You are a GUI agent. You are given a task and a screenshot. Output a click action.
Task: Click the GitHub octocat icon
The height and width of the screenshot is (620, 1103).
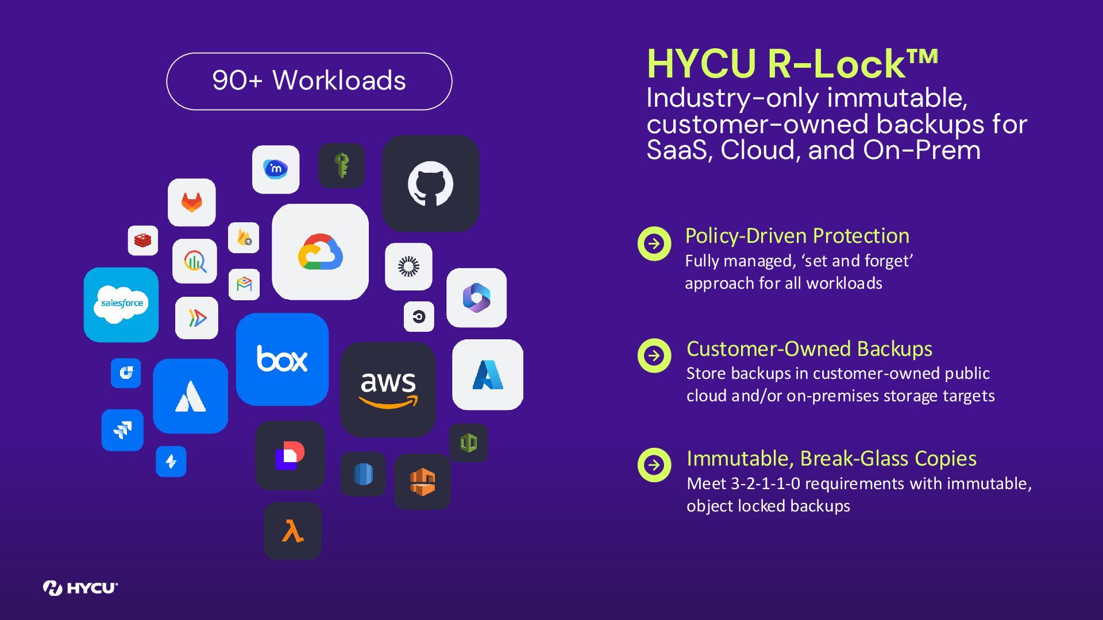[x=430, y=184]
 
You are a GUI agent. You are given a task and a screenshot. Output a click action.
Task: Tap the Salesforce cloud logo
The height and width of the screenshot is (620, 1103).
[x=121, y=304]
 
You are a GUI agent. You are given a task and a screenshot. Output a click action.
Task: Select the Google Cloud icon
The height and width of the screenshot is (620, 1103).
[x=320, y=252]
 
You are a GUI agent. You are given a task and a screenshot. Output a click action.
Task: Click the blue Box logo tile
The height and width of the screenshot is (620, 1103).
[x=282, y=359]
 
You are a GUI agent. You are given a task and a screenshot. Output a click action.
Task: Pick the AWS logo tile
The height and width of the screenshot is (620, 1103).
[x=388, y=389]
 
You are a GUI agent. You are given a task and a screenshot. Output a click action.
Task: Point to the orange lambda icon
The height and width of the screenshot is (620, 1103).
[x=292, y=531]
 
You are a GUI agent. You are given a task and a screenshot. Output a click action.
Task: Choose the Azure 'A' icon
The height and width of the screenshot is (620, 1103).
[x=487, y=375]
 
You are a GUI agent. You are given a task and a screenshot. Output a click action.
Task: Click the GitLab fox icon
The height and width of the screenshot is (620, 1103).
[x=192, y=202]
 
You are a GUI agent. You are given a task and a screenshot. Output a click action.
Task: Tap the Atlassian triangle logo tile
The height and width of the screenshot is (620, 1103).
[x=190, y=396]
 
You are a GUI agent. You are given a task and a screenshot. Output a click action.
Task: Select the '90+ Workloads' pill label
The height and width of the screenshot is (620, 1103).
[x=309, y=81]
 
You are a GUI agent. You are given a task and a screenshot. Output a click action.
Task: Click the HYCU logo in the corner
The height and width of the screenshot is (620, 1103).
[x=80, y=588]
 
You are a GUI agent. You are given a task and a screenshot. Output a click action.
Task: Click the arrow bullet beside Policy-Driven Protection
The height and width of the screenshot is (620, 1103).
[x=654, y=244]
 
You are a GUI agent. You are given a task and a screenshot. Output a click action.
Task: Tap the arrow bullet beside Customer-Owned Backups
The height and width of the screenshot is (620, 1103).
[x=654, y=356]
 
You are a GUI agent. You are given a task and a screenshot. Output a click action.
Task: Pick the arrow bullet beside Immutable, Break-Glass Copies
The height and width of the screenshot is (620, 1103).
[x=654, y=464]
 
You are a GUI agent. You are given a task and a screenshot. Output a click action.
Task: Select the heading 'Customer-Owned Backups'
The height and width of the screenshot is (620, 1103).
[x=809, y=349]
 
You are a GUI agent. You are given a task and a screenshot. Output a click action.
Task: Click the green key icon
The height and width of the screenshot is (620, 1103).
[x=342, y=165]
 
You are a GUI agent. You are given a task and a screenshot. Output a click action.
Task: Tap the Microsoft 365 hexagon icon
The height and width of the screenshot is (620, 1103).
[x=476, y=298]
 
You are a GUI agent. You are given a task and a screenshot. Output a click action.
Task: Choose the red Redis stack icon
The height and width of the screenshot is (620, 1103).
[x=143, y=240]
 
